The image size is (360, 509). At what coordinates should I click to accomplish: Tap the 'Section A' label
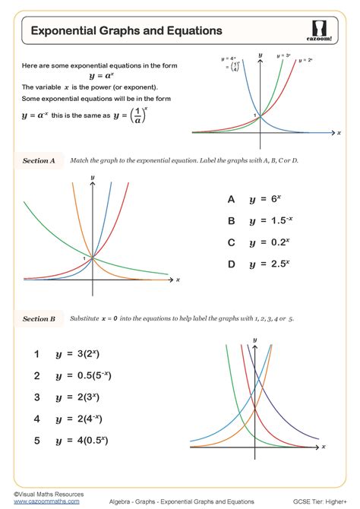pos(39,161)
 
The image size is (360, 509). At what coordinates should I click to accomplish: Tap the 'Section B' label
pos(39,319)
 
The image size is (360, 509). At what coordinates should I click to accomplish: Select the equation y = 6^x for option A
pos(265,200)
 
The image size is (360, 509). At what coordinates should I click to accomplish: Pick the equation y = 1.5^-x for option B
pos(268,221)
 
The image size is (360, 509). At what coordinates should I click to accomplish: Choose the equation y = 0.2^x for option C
pos(268,242)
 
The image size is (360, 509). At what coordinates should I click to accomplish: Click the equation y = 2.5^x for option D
pos(268,264)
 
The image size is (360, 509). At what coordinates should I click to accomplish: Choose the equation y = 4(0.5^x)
pos(85,440)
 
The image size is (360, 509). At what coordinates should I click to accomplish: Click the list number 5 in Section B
pos(36,440)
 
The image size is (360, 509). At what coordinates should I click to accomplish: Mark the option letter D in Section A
pos(231,264)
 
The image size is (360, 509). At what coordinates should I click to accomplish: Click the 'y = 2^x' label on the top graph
pos(306,60)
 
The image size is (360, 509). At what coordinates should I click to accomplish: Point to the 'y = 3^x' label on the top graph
pos(283,55)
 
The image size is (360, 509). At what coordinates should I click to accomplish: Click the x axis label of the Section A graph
pos(178,280)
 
